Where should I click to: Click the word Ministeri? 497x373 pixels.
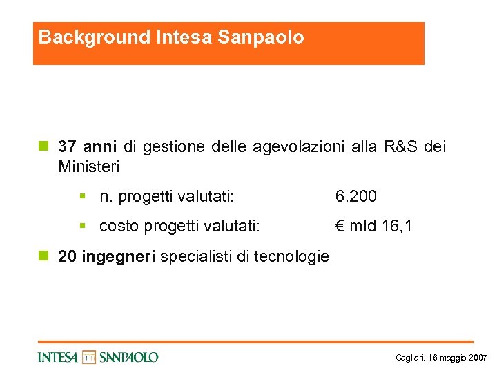tap(89, 167)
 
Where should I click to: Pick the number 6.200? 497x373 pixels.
tap(356, 197)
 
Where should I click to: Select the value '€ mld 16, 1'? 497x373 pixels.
tap(373, 226)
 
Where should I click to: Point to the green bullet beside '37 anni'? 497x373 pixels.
tap(43, 146)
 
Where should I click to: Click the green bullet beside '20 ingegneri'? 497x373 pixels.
tap(43, 256)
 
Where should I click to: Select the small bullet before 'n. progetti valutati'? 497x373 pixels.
tap(82, 197)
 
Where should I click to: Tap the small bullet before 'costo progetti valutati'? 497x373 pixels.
tap(82, 226)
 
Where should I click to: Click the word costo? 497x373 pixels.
tap(118, 227)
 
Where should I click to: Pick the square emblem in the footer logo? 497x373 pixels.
tap(89, 357)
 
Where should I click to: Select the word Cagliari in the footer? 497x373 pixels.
tap(410, 358)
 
